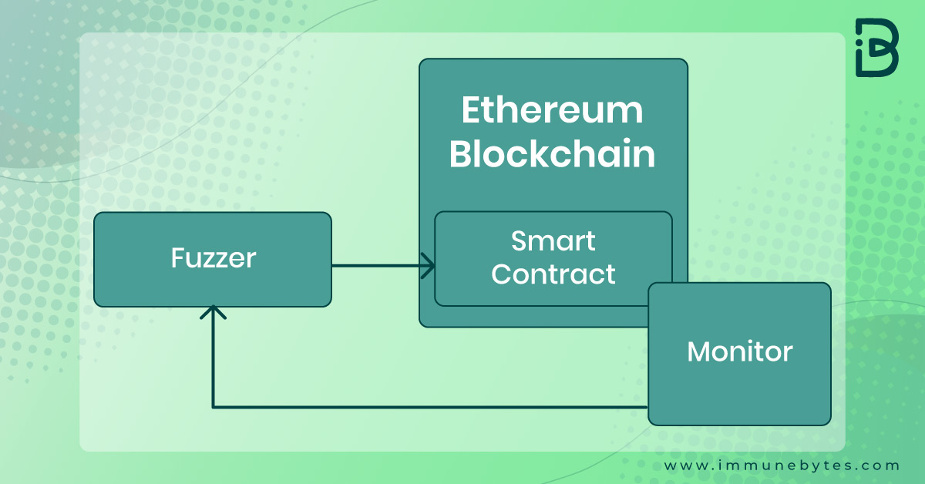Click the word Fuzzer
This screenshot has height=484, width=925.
coord(214,258)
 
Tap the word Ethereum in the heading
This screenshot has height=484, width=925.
coord(552,110)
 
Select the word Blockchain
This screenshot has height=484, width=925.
coord(552,153)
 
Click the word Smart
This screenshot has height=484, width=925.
coord(553,240)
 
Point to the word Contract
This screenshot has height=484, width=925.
coord(553,274)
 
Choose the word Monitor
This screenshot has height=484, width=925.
coord(739,352)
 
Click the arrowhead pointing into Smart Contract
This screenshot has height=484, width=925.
coord(429,266)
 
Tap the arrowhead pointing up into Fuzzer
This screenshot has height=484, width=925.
coord(213,312)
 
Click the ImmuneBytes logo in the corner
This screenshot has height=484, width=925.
coord(877,48)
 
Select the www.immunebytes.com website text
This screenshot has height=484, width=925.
coord(782,466)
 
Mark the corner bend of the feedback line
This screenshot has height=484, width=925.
coord(213,407)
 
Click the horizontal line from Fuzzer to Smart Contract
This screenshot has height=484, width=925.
coord(383,266)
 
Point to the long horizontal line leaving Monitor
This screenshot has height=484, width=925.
coord(430,407)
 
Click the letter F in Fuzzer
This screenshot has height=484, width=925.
coord(177,258)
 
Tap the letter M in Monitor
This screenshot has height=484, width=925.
coord(698,352)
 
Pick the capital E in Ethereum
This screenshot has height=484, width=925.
coord(471,110)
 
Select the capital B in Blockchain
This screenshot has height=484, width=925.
coord(459,153)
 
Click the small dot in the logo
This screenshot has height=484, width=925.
coord(859,42)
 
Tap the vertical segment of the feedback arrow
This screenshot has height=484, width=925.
coord(213,356)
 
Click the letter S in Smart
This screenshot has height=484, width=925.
coord(519,240)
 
